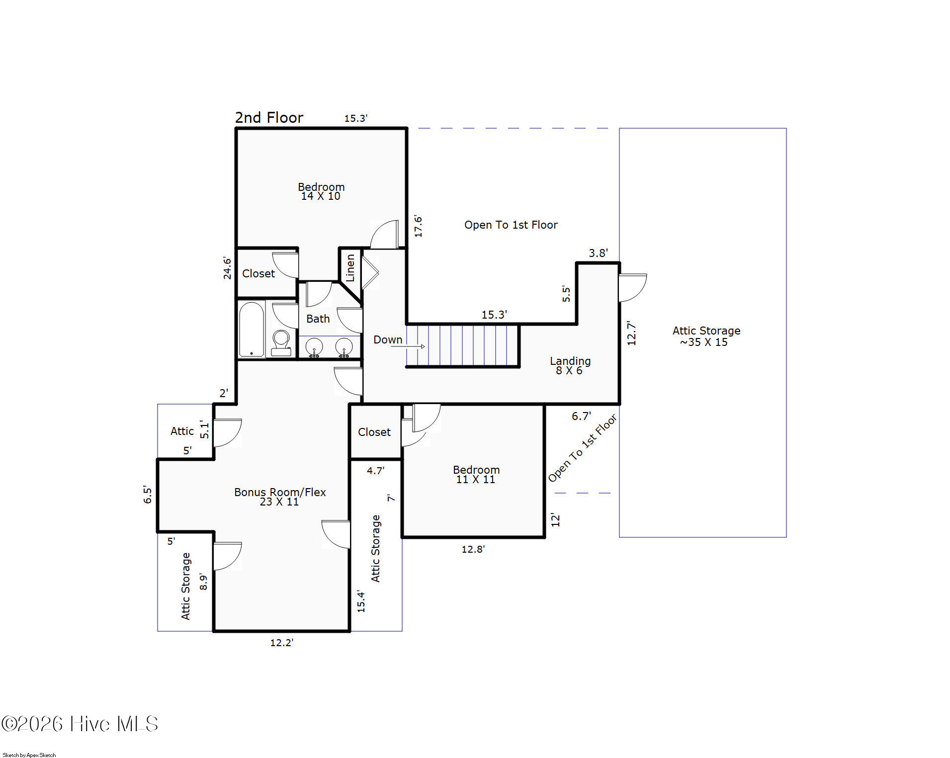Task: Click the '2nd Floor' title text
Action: pos(269,117)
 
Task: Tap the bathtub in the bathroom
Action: pos(252,329)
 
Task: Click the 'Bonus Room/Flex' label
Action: pos(280,492)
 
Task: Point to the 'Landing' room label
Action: pos(570,361)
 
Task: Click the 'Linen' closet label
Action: pos(350,268)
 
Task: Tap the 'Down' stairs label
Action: pos(388,339)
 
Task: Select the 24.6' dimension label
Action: pos(227,268)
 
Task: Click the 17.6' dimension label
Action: pos(418,226)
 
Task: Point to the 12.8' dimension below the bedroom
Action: pos(473,549)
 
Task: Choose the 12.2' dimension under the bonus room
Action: pos(282,643)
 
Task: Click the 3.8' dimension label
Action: pos(599,253)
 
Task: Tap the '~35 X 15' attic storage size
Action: pos(704,342)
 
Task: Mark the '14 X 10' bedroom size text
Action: pos(321,196)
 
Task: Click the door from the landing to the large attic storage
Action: pos(632,287)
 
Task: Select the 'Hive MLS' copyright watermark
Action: pos(80,724)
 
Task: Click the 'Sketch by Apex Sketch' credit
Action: pos(29,755)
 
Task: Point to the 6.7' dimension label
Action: pos(581,416)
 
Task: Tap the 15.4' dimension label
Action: pos(361,601)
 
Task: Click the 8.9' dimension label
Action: pos(203,582)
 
